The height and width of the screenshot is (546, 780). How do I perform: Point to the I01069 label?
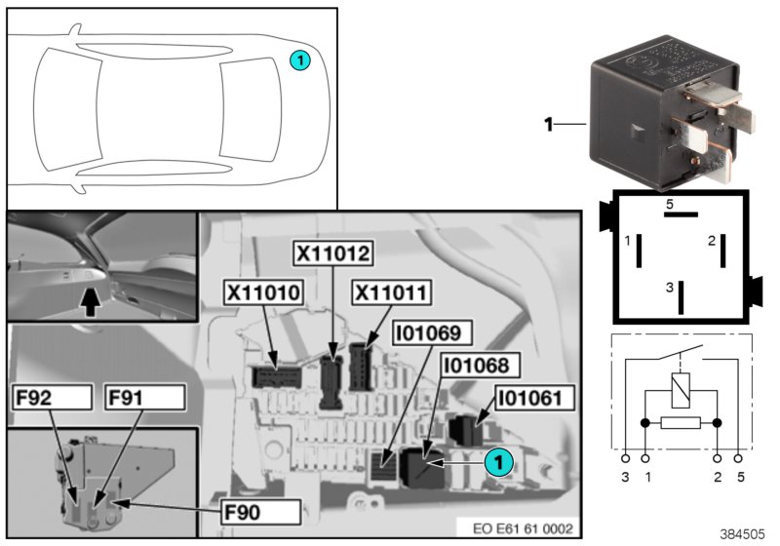[431, 333]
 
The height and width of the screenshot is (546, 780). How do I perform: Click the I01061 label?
[535, 398]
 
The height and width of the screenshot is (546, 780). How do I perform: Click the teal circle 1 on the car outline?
[300, 60]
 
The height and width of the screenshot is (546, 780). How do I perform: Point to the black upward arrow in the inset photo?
[90, 299]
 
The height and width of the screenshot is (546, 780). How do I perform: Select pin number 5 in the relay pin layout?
[669, 205]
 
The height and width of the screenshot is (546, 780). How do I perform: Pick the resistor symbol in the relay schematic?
[681, 423]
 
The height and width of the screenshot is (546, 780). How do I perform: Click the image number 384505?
[743, 533]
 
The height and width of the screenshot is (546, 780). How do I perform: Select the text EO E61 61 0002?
[523, 528]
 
